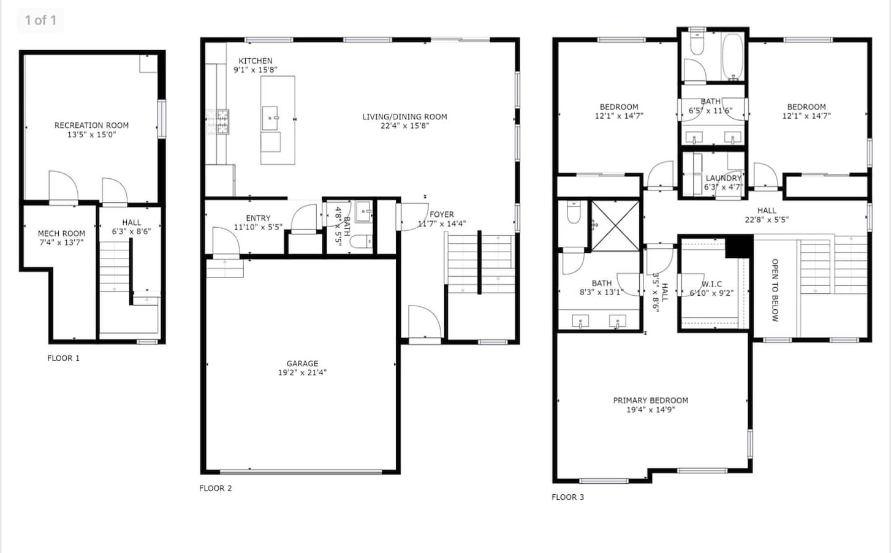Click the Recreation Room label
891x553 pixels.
[91, 125]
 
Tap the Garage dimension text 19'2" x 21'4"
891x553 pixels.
[302, 372]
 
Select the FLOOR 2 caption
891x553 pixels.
[216, 488]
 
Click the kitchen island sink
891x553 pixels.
[270, 118]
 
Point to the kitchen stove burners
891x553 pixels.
[218, 122]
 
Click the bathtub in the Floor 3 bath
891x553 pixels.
[732, 56]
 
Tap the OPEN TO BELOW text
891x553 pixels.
[775, 290]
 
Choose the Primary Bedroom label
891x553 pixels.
[651, 401]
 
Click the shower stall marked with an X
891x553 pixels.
[615, 225]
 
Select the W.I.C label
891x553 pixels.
[711, 284]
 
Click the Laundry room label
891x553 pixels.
[724, 178]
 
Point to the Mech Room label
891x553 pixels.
[62, 233]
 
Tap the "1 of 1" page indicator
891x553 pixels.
[40, 20]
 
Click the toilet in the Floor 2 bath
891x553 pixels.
[362, 241]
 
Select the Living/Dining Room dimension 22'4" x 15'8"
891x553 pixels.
[404, 126]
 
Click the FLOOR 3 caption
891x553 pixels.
[567, 497]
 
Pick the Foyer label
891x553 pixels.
[442, 214]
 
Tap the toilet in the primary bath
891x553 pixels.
[573, 213]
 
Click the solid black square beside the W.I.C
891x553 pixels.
[739, 246]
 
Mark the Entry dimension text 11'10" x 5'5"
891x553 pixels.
[258, 227]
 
